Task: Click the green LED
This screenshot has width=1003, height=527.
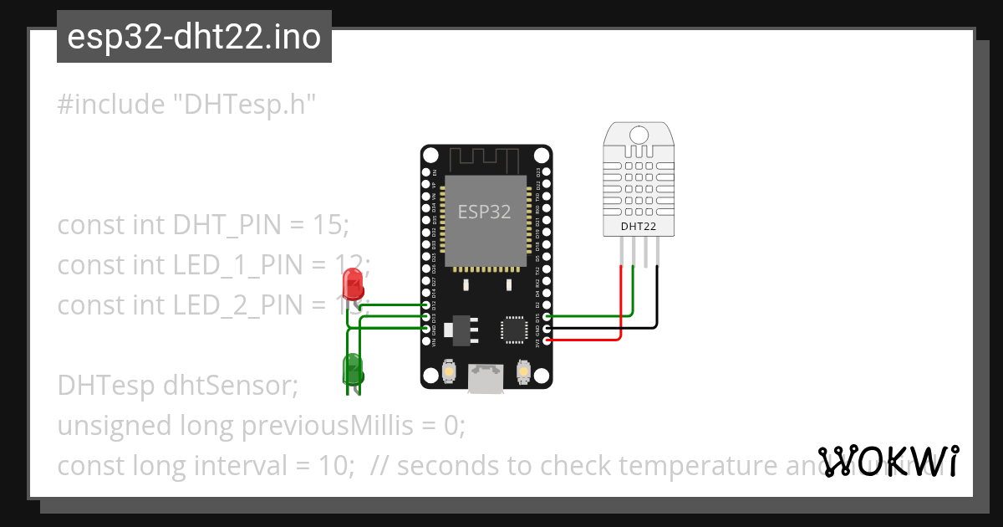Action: coord(352,368)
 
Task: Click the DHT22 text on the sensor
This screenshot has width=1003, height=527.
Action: coord(638,226)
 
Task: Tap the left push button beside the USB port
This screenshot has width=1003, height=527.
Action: coord(449,371)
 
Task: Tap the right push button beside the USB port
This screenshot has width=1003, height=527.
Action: coord(524,371)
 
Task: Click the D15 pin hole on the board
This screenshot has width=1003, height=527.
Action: coord(547,317)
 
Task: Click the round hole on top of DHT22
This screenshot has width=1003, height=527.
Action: coord(638,136)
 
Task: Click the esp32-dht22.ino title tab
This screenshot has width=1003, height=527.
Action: coord(194,38)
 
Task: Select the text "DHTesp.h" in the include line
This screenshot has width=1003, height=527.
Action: coord(243,105)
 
